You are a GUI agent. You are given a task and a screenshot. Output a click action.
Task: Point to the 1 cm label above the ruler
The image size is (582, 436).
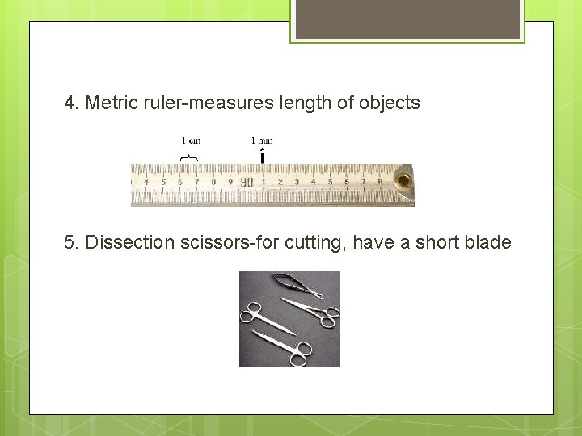coord(190,140)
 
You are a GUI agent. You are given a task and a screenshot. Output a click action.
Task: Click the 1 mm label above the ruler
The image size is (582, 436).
coord(262,140)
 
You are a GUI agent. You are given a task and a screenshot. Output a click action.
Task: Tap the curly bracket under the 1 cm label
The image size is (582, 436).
coord(190,155)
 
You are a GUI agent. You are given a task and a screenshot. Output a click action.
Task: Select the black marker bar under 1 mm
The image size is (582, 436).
coord(262,157)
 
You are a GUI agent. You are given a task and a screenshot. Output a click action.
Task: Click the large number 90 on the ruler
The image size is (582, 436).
coord(247,182)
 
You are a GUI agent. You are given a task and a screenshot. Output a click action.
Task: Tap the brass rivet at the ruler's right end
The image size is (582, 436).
coord(402,178)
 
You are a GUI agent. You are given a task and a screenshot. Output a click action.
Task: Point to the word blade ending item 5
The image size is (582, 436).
coord(488,242)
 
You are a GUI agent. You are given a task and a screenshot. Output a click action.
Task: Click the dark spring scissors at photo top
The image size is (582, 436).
coord(295,283)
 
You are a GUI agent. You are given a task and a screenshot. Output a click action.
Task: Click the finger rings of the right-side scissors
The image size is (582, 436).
coord(327,317)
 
